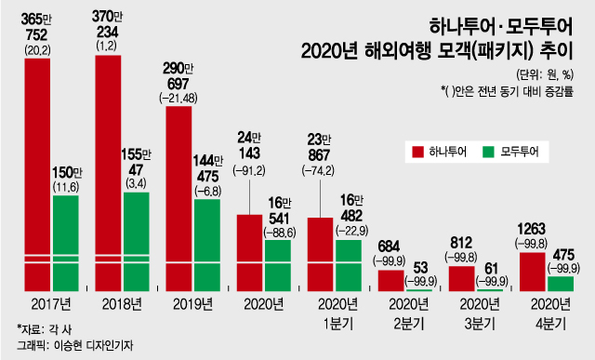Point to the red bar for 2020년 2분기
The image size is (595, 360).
point(390,281)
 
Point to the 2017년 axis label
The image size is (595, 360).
point(45,303)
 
